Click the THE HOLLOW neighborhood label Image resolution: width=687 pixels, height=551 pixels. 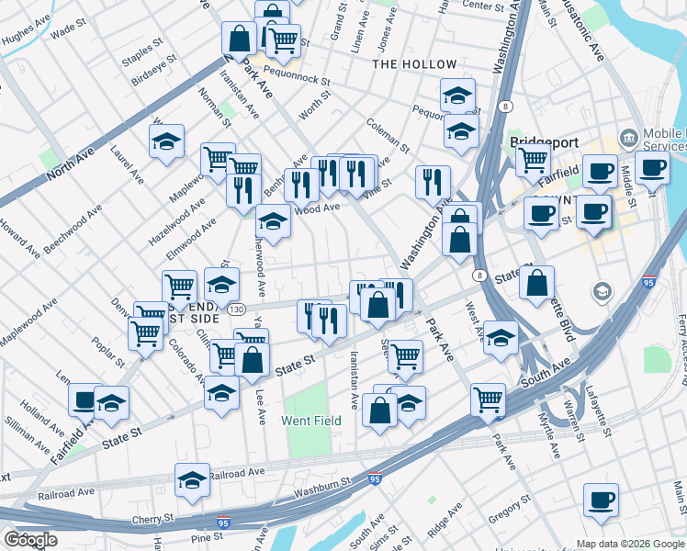point(414,64)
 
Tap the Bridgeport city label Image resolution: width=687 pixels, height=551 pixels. point(542,144)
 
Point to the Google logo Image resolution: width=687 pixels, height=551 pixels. point(30,539)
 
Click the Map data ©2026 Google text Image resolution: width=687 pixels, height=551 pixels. point(631,544)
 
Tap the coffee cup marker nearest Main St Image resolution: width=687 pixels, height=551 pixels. point(601,500)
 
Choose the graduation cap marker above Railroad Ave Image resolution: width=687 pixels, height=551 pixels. point(192,479)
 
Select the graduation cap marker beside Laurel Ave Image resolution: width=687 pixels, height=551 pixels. point(166,141)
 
